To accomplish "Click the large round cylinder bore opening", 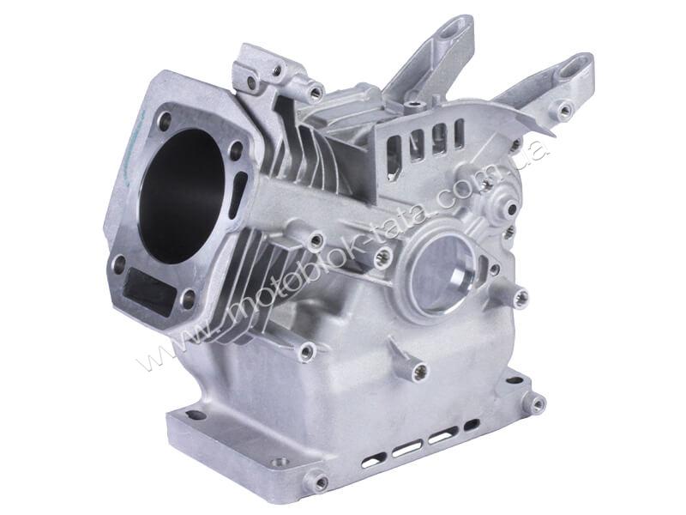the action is pos(186,197).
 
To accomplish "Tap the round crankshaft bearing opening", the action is pos(442,275).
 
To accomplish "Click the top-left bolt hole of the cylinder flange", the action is pos(165,120).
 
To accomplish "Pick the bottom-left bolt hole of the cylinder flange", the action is pos(118,264).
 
